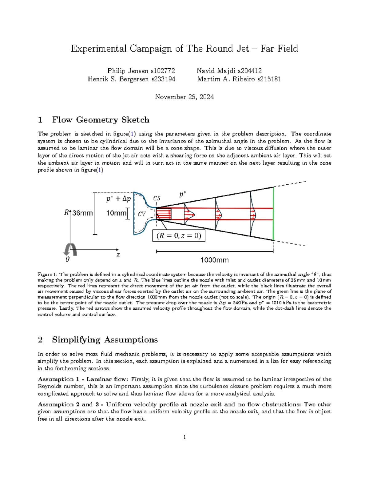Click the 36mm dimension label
[x=82, y=213]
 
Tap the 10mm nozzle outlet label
[x=116, y=213]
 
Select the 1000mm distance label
[x=215, y=260]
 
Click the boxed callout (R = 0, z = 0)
[x=179, y=236]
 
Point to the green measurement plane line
[x=273, y=214]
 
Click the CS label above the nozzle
[x=157, y=199]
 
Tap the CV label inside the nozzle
[x=142, y=214]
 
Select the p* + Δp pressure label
[x=118, y=199]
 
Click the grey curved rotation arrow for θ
[x=70, y=249]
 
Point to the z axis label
[x=118, y=255]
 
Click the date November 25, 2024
[x=184, y=97]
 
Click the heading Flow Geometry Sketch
[x=101, y=120]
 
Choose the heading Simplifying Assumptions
[x=105, y=340]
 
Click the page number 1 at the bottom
[x=184, y=437]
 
